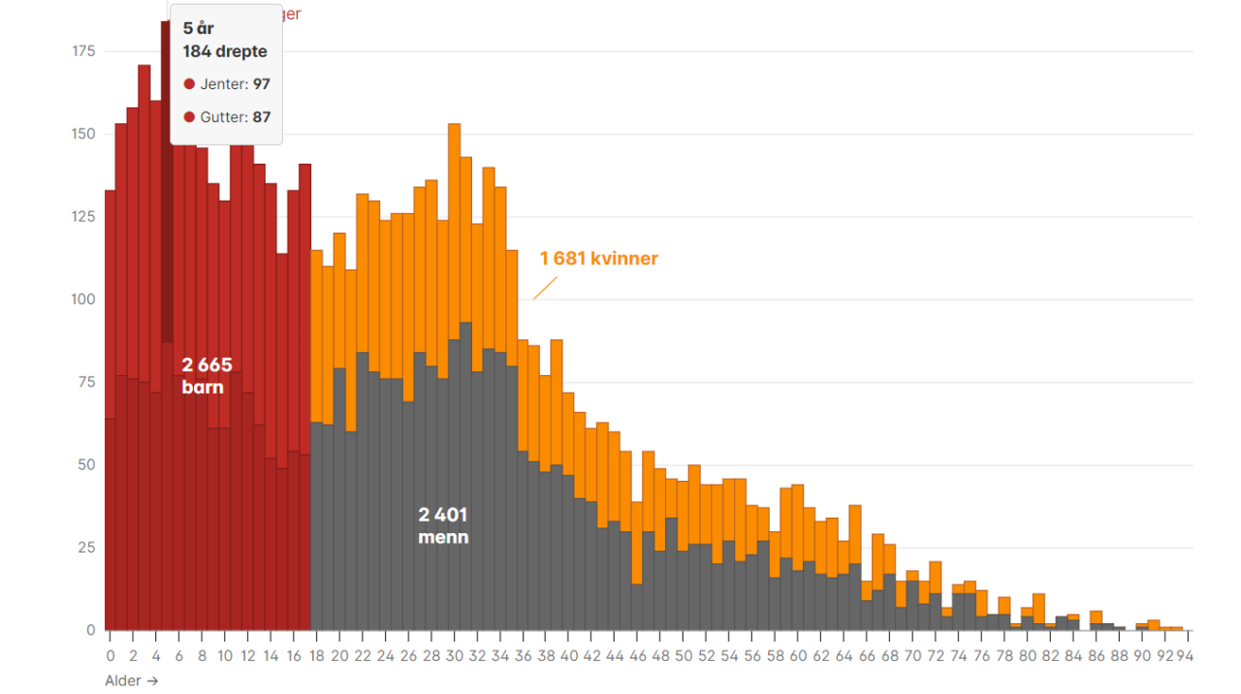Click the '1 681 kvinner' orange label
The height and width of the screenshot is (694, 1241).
click(x=598, y=259)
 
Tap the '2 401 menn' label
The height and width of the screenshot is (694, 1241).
click(x=443, y=525)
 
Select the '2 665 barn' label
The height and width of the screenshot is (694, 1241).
click(x=207, y=375)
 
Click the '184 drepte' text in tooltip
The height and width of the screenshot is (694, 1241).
click(x=225, y=51)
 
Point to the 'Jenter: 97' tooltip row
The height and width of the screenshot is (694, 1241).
click(x=227, y=84)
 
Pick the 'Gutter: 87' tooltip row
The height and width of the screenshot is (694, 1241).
click(x=227, y=117)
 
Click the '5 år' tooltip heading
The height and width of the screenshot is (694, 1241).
click(x=199, y=28)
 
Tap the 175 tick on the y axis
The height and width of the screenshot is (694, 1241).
click(x=84, y=50)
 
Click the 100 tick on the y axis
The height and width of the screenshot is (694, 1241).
click(x=84, y=299)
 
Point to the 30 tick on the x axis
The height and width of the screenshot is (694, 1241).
click(x=454, y=655)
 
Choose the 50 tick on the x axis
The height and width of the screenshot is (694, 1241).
click(x=684, y=655)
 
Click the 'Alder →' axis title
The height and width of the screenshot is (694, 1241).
click(x=131, y=680)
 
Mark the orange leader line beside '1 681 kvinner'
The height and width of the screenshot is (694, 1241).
click(x=546, y=288)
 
